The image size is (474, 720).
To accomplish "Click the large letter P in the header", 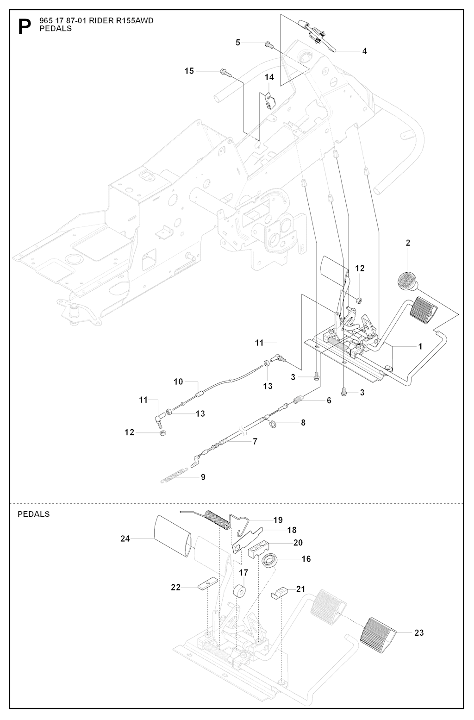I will tap(24, 27).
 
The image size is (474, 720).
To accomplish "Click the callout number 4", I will tap(365, 51).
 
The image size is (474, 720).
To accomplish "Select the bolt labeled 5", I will tap(268, 44).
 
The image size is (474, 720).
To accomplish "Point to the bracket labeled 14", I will tap(268, 100).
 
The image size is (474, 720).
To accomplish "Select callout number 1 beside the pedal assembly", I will tap(420, 346).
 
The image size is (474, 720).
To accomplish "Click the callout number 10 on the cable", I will tap(179, 382).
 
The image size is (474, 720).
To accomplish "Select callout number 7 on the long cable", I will tap(255, 441).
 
